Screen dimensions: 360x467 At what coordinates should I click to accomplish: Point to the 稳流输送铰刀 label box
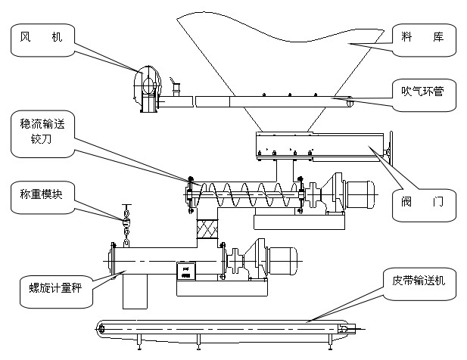42,132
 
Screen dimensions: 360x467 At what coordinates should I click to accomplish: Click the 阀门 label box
424,202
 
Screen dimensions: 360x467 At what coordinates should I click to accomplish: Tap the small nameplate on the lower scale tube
185,271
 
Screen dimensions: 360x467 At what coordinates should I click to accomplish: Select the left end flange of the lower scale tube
113,259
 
